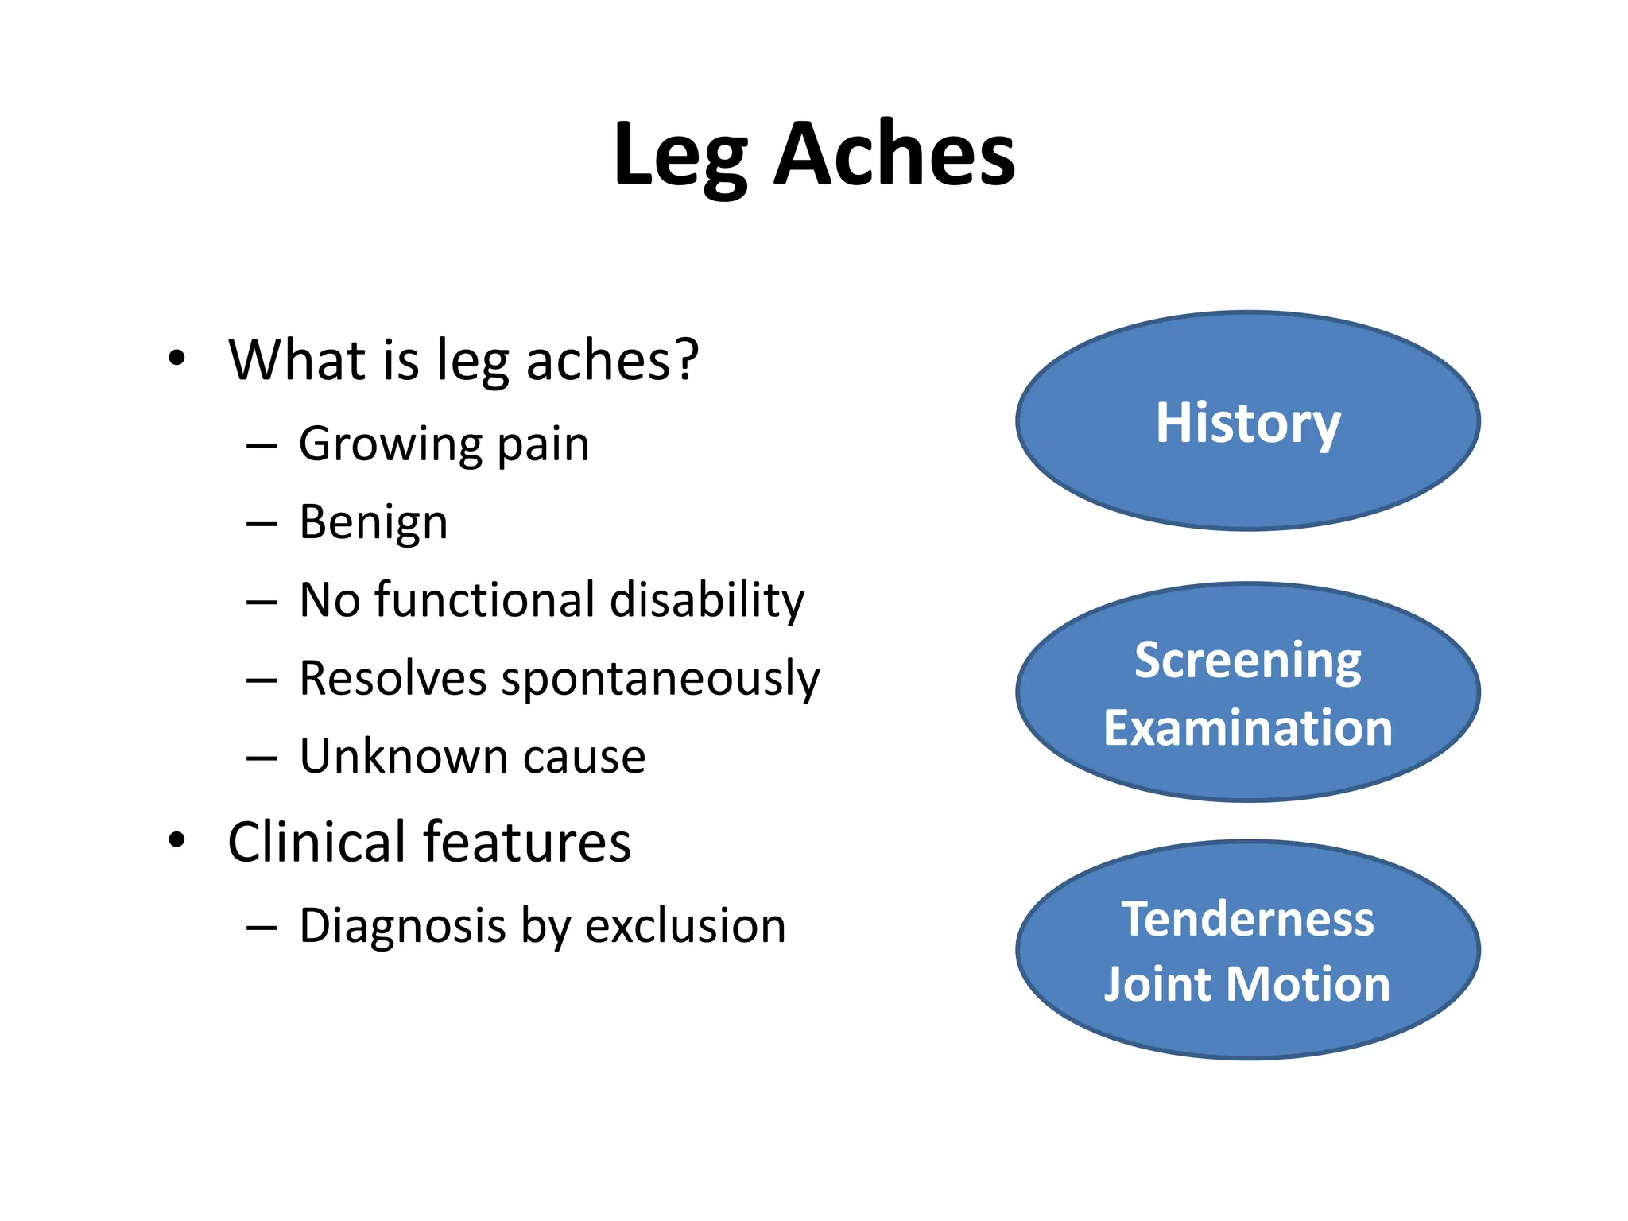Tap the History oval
click(1247, 421)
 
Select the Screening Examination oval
click(1247, 692)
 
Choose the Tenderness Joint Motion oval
click(1247, 950)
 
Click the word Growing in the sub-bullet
click(390, 444)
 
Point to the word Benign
click(374, 524)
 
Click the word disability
click(707, 600)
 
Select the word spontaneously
click(661, 680)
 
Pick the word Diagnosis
click(402, 926)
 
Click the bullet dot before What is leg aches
click(176, 359)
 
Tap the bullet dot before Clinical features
click(176, 839)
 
